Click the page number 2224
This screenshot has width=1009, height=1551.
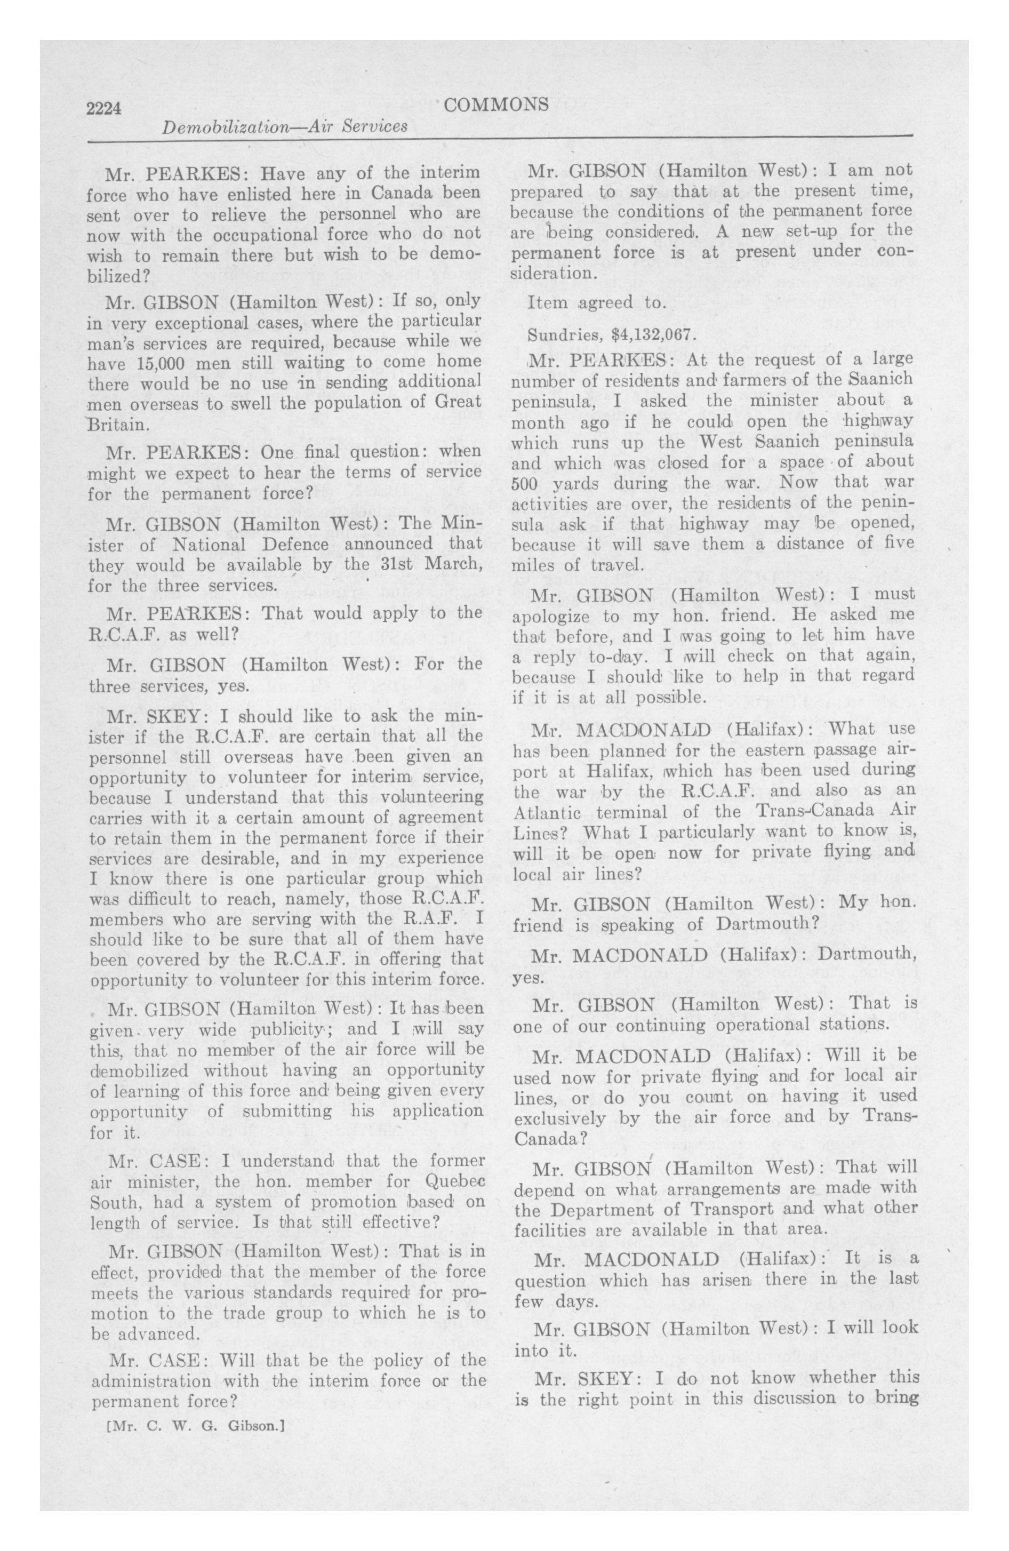point(105,108)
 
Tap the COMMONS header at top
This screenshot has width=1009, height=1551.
point(495,104)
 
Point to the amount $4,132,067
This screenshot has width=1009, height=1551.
point(645,335)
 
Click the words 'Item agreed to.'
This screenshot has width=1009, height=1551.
point(596,302)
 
